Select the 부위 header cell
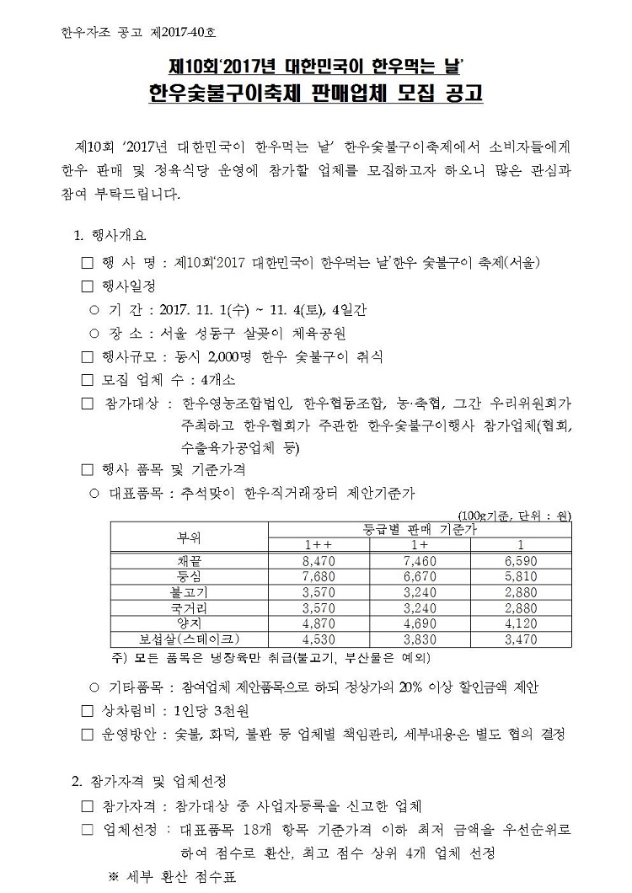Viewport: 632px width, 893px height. point(188,537)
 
